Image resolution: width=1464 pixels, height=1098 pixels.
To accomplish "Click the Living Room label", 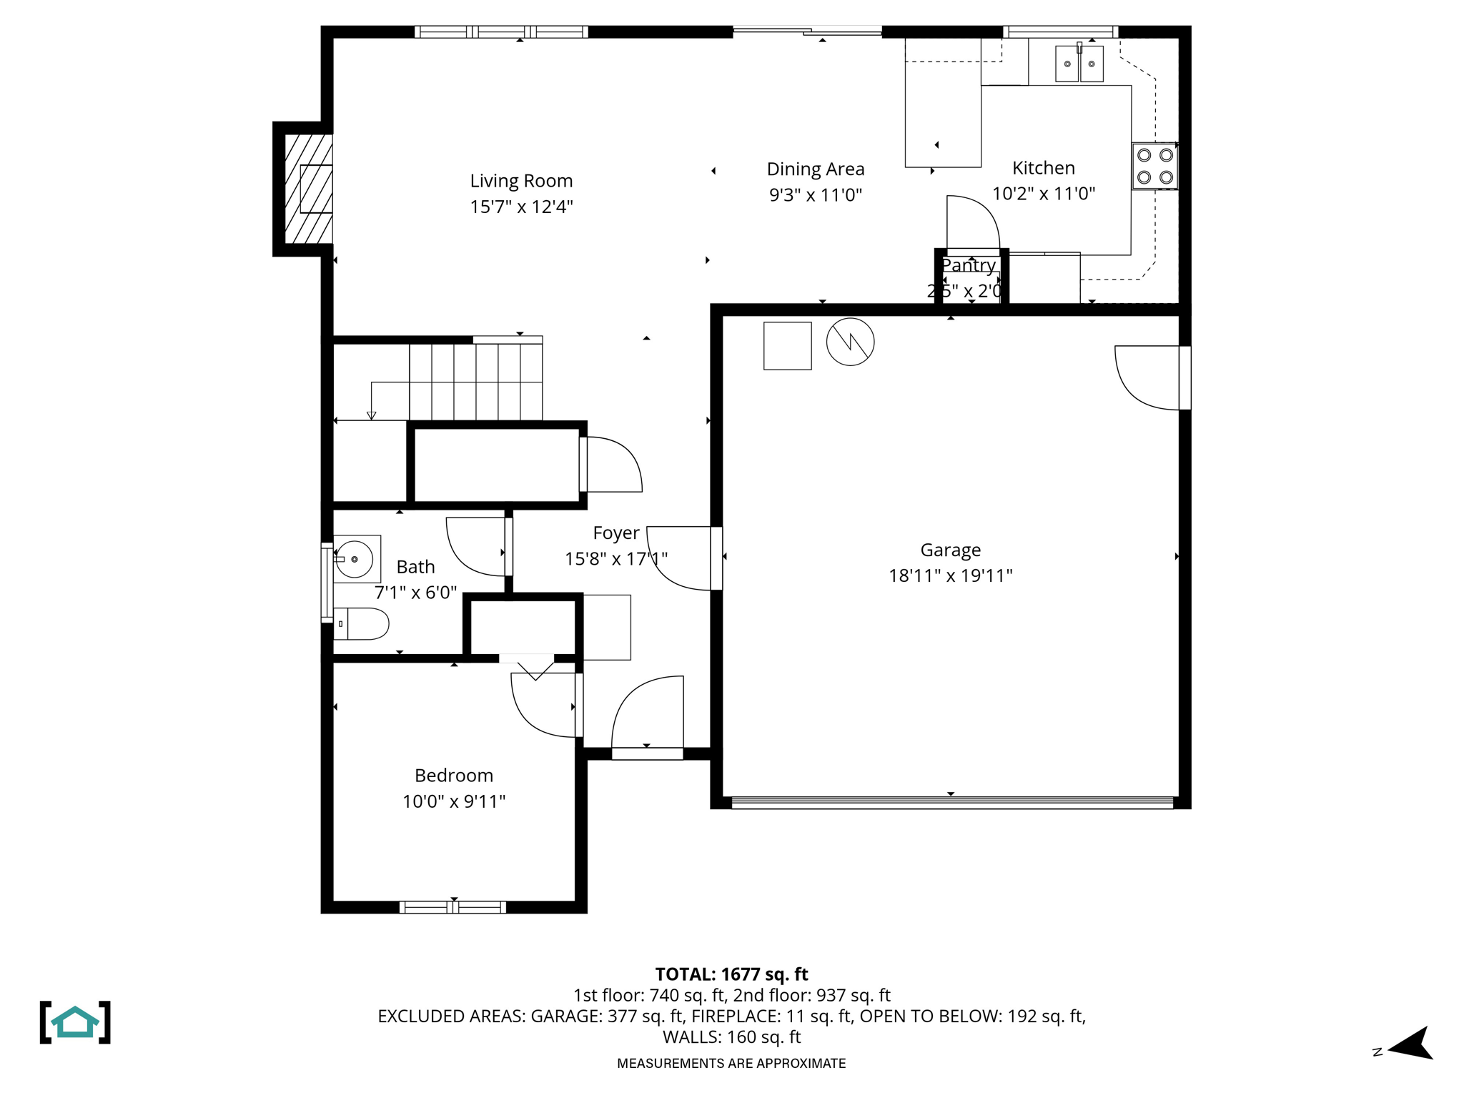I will pos(521,181).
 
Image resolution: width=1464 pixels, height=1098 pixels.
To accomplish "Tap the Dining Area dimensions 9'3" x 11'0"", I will pos(816,194).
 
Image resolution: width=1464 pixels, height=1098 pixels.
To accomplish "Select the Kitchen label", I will pos(1043,168).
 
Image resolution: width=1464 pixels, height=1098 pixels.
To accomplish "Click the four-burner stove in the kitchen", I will pos(1154,166).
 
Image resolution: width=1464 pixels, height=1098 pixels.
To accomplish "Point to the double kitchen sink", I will pos(1079,64).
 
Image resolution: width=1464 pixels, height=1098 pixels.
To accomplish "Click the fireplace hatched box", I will pos(308,189).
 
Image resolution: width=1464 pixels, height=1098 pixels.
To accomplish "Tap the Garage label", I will pos(950,550).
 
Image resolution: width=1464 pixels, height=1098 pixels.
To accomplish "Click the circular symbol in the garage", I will pos(850,342).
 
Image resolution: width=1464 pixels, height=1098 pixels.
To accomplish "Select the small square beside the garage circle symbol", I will pos(787,346).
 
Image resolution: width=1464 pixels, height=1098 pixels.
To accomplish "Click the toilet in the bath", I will pos(362,624).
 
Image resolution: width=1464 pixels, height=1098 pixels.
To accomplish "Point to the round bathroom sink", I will pos(355,559).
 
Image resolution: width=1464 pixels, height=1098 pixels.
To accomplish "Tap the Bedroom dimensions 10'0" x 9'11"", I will pos(454,801).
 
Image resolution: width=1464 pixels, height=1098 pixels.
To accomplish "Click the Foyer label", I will pos(615,533).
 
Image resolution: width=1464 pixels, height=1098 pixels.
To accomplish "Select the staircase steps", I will pos(475,381).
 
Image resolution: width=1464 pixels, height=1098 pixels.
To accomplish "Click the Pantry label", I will pos(968,265).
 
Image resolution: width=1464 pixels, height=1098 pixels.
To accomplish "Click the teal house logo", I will pos(75,1022).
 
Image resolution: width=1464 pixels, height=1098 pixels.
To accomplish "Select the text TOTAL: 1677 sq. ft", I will pos(731,974).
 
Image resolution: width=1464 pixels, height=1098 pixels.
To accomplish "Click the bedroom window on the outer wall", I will pos(452,907).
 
